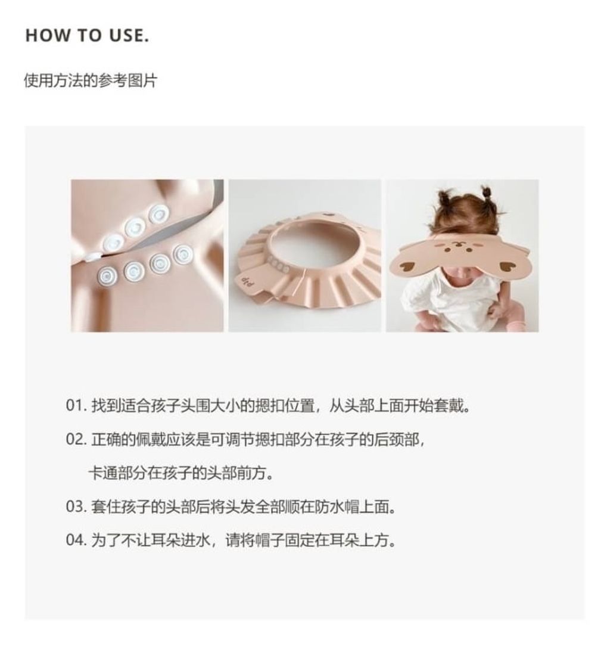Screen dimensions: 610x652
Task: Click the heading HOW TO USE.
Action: coord(87,35)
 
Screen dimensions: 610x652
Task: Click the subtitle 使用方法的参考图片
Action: coord(91,80)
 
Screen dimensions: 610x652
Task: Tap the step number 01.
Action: coord(76,405)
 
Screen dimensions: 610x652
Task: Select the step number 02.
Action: coord(76,439)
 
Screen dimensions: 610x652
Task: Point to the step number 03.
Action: coord(76,507)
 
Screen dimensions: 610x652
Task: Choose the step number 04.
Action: coord(76,541)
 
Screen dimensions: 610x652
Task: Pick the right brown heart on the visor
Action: coord(508,266)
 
